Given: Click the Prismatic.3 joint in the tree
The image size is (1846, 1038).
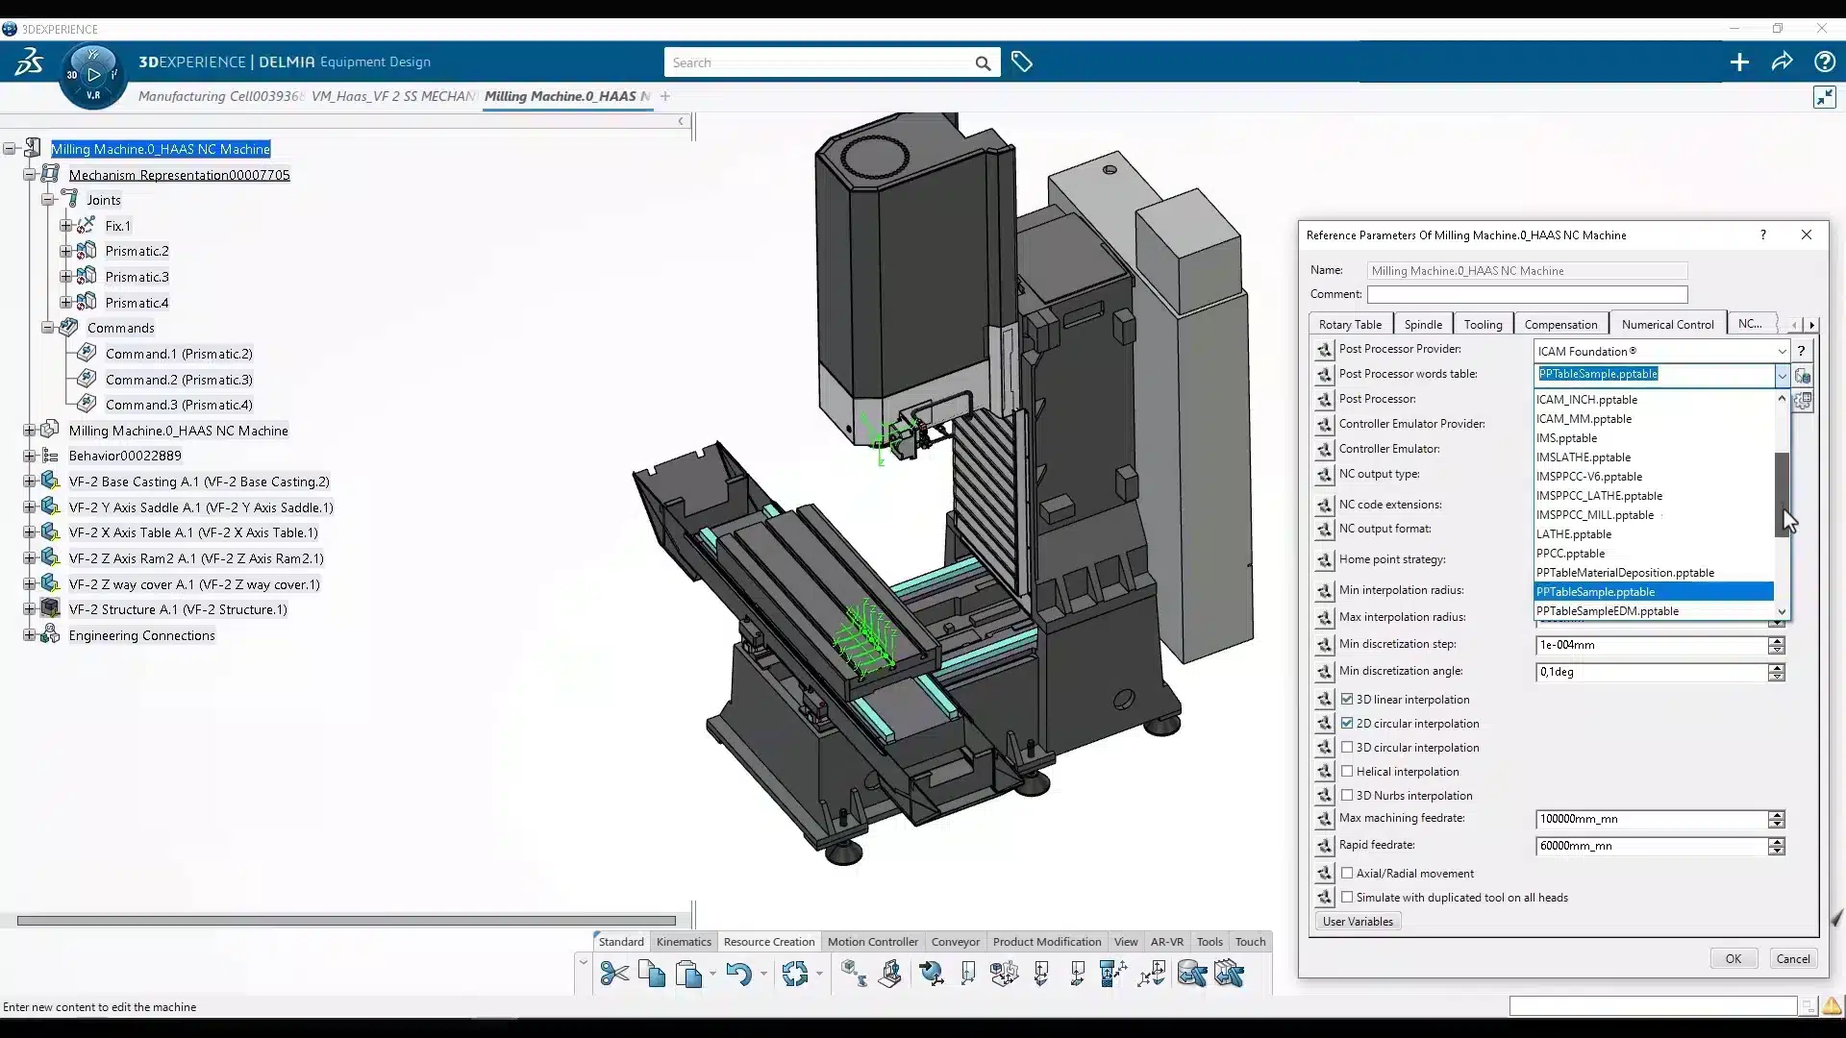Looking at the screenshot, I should coord(137,277).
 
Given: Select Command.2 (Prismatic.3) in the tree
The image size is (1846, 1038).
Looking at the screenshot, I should coord(179,380).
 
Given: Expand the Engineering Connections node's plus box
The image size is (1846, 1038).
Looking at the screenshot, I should coord(29,635).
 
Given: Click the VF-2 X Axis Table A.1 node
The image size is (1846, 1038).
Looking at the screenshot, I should coord(192,532).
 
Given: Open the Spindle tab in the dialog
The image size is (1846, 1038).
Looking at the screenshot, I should coord(1422,325).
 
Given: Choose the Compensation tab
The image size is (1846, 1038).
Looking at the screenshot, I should coord(1559,325).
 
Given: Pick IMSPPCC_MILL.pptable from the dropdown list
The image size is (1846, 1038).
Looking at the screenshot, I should coord(1594,515).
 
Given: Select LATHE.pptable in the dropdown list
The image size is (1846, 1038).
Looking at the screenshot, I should coord(1573,534).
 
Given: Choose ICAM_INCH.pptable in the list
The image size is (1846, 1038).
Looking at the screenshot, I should coord(1586,400).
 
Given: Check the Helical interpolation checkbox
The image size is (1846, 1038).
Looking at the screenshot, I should coord(1347,771).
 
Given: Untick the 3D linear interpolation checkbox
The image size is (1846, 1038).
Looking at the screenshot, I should coord(1347,699).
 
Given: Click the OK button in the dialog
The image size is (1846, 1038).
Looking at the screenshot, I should coord(1733,958).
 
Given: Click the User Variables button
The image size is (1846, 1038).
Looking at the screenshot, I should coord(1357,922).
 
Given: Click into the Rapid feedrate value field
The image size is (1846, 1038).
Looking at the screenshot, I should coord(1649,846).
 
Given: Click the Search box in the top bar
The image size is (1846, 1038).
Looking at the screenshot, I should coord(817,62).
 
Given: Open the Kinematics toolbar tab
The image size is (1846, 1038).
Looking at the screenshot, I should coord(684,942).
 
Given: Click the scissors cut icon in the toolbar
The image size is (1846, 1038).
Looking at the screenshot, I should coord(613,975).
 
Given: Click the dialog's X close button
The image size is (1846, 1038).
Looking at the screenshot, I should coord(1806,235).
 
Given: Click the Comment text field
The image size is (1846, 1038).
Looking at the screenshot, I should coord(1527,294).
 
